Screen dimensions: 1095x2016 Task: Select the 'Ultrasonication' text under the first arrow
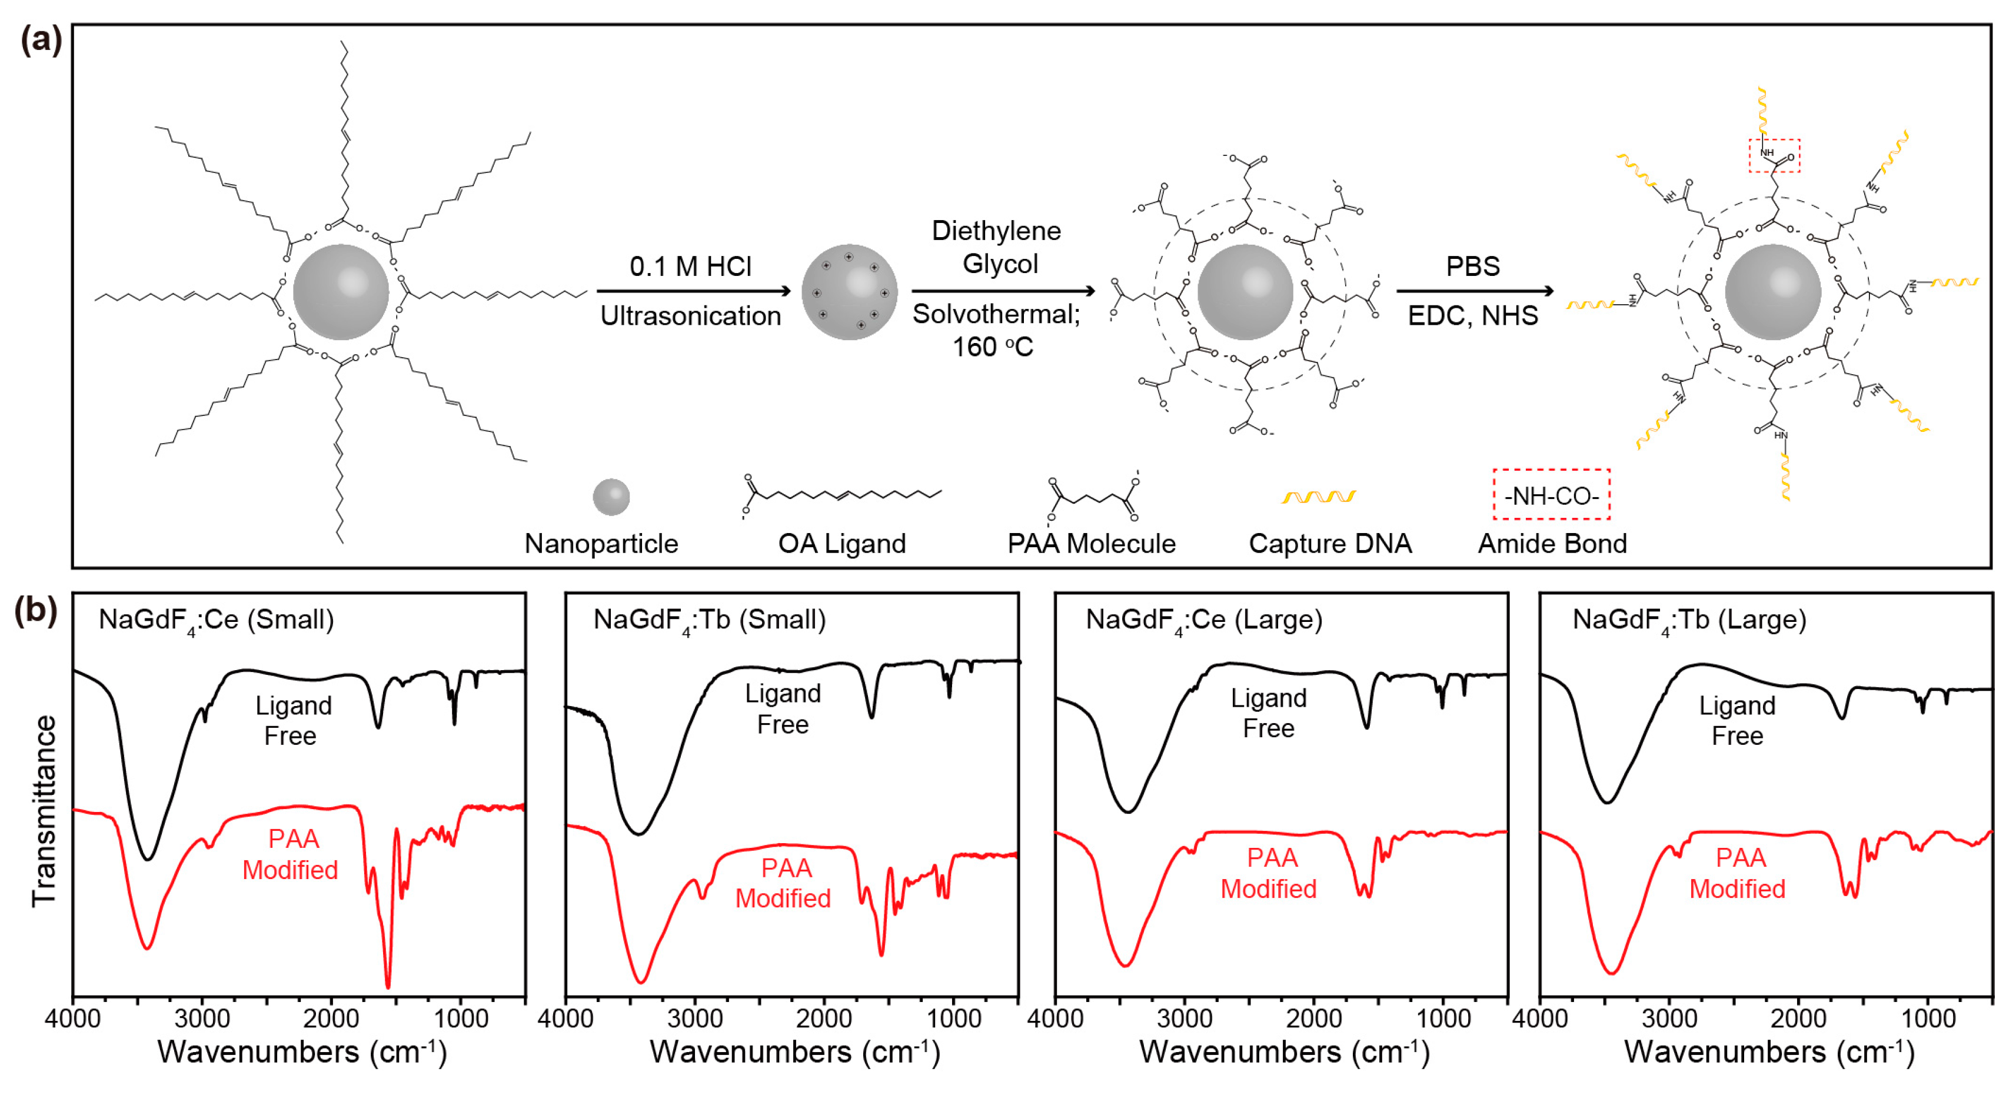click(x=690, y=315)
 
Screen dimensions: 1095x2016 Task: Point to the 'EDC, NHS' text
click(x=1473, y=315)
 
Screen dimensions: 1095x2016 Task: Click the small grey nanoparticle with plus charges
click(x=849, y=291)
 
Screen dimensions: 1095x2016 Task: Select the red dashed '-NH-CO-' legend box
click(x=1551, y=495)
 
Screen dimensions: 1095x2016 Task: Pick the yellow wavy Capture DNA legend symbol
click(x=1319, y=496)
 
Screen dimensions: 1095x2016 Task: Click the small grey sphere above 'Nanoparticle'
click(x=611, y=497)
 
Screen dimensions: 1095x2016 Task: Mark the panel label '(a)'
click(x=41, y=39)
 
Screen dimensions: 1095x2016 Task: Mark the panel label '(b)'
click(x=36, y=610)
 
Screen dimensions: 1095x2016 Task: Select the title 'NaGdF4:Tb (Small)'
click(x=709, y=621)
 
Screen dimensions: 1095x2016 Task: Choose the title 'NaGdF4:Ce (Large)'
click(x=1203, y=621)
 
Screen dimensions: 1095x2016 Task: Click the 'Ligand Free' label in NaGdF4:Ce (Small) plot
click(x=292, y=720)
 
